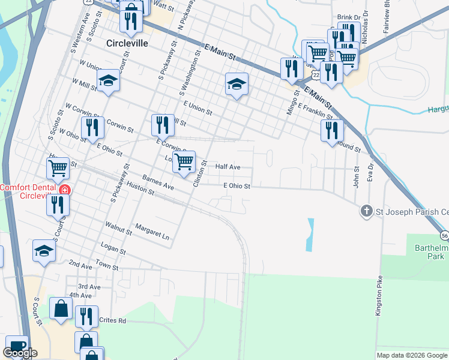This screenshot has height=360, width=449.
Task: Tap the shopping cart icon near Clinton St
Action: click(184, 161)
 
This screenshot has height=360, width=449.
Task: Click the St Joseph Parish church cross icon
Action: click(366, 211)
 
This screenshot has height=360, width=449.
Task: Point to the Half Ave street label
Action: click(228, 167)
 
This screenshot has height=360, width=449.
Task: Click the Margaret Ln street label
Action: click(152, 232)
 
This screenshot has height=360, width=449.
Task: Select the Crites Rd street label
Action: click(113, 321)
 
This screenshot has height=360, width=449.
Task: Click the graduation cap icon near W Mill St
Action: click(108, 80)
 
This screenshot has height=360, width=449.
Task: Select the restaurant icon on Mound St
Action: click(331, 131)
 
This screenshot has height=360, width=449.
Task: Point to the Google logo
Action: click(20, 353)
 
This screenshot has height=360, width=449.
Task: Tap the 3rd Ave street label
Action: click(89, 287)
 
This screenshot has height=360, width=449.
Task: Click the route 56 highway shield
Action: click(444, 234)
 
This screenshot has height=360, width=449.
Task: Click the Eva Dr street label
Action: click(371, 174)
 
